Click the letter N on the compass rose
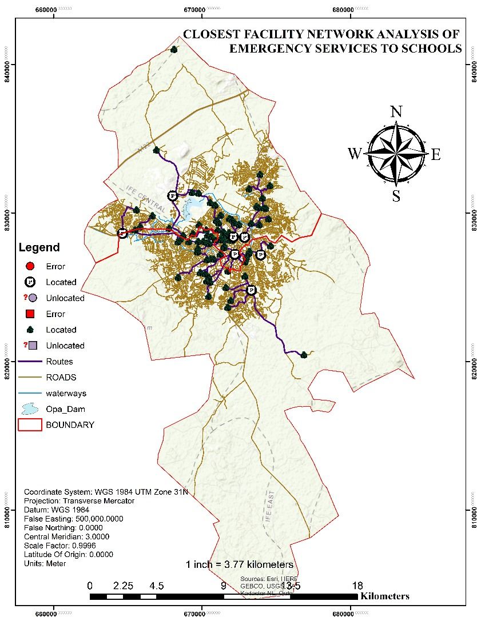pos(396,111)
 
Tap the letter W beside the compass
pos(355,154)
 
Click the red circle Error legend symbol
pos(30,266)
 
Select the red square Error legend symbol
pos(30,314)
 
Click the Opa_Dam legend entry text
pos(65,410)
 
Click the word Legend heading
pos(39,248)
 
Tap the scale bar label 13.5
pos(290,586)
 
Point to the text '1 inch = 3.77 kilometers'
pos(240,564)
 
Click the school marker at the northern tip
pos(174,50)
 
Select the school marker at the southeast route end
pos(304,355)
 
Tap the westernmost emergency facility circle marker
pos(122,233)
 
